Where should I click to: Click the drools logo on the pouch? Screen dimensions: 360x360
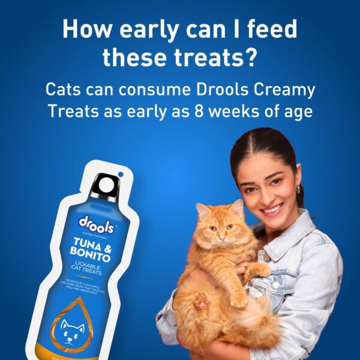pyautogui.click(x=96, y=223)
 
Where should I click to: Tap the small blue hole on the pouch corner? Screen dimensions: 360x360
pyautogui.click(x=121, y=175)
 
